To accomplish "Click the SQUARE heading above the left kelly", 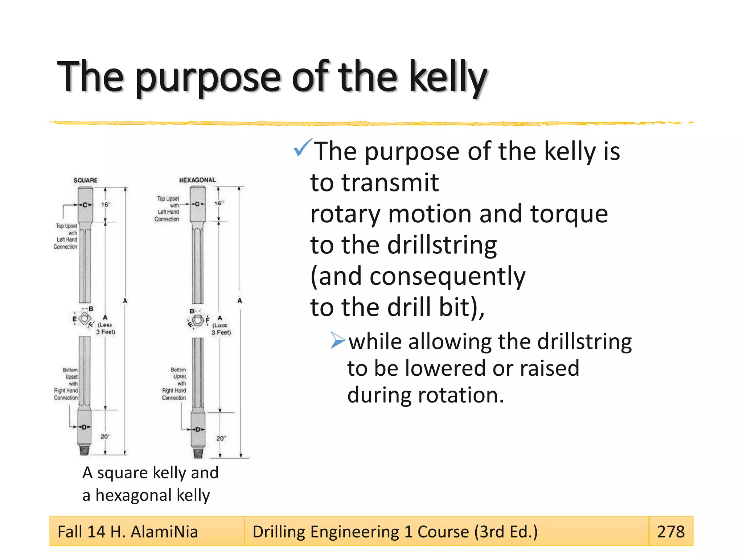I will click(x=85, y=180).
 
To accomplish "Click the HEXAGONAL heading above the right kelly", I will click(x=197, y=180).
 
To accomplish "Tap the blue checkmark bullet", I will click(x=302, y=148).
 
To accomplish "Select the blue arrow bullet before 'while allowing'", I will click(x=338, y=341).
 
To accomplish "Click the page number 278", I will click(x=671, y=532).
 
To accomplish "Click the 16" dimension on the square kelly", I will click(x=105, y=205).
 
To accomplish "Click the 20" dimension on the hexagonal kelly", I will click(x=221, y=438).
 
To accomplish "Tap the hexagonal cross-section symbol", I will click(x=198, y=321).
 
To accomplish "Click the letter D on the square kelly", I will click(x=84, y=427).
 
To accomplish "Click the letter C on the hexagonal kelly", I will click(x=197, y=204).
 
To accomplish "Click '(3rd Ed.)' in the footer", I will click(x=506, y=532).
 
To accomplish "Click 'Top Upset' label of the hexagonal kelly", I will click(x=168, y=199).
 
